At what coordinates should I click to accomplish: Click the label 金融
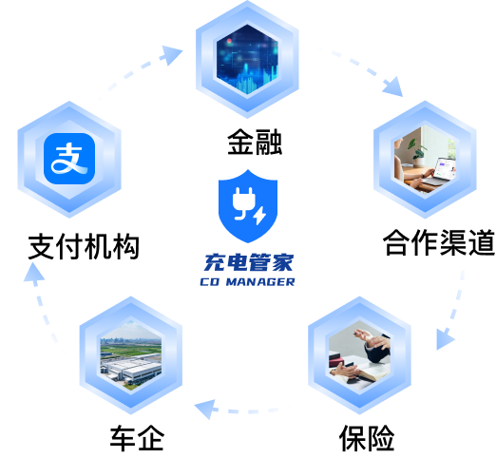point(255,142)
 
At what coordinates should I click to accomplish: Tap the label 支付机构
point(84,246)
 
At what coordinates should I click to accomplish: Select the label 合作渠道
point(439,242)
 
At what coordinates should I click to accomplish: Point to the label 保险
point(367,438)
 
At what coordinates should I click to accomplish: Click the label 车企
point(137,438)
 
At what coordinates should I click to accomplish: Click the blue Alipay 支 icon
point(69,159)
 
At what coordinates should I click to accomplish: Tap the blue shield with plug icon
point(248,206)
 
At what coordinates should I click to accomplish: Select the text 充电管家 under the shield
point(249,262)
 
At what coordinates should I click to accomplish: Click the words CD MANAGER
point(247,281)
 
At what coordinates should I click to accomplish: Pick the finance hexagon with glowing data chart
point(247,59)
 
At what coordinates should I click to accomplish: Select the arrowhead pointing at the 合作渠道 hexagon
point(393,86)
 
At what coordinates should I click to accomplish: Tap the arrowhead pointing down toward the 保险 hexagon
point(444,339)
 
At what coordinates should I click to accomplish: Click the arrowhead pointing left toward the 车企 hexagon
point(206,409)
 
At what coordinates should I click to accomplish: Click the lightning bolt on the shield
point(259,216)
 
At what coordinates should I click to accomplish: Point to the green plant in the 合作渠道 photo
point(417,148)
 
